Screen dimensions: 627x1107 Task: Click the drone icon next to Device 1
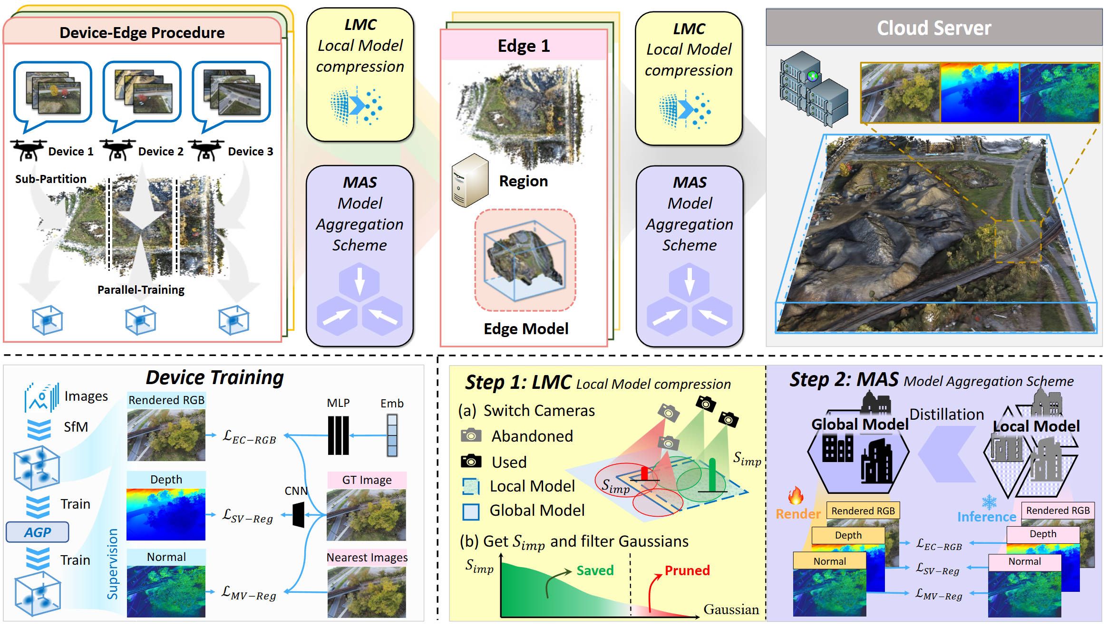(x=28, y=150)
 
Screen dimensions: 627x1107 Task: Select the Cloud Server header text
(x=933, y=28)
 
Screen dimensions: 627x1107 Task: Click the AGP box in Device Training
(x=37, y=532)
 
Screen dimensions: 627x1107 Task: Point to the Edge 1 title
(x=524, y=46)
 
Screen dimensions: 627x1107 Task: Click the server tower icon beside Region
(x=469, y=180)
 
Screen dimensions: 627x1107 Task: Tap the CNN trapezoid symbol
(x=299, y=515)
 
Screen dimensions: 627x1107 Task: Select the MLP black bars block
(x=338, y=435)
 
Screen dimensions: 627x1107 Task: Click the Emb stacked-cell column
(x=392, y=435)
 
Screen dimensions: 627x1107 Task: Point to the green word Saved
(x=595, y=570)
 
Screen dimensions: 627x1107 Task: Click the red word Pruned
(x=687, y=570)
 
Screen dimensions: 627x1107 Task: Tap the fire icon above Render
(x=796, y=496)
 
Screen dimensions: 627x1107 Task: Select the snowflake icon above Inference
(x=989, y=502)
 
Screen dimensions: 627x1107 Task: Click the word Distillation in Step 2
(x=946, y=415)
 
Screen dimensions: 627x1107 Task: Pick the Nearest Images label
(x=367, y=557)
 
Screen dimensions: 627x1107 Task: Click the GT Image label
(x=367, y=480)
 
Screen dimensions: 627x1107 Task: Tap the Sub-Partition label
(x=50, y=179)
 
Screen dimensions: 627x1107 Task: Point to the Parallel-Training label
(x=141, y=290)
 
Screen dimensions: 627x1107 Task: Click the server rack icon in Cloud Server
(x=813, y=88)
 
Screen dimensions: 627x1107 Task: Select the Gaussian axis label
(x=731, y=609)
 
